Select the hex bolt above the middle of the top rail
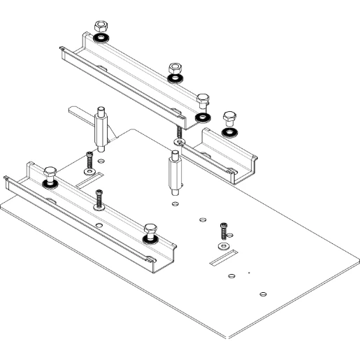(175, 69)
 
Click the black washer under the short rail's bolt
(228, 131)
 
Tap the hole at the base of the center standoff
(173, 203)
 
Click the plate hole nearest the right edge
(262, 292)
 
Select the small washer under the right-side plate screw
(222, 246)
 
